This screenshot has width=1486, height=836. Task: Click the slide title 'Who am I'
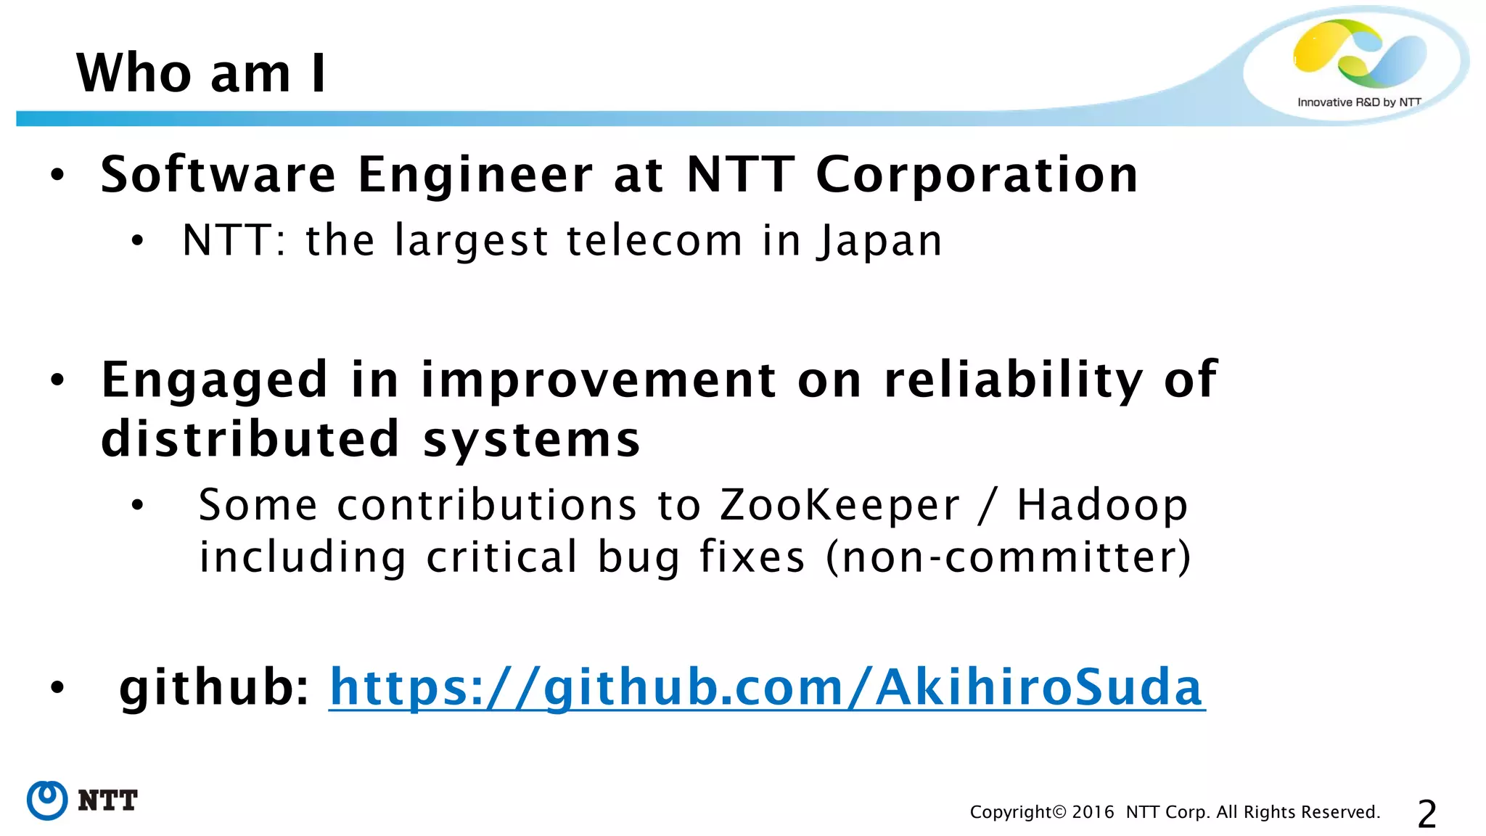pos(201,73)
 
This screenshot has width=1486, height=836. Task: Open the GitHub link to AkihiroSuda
pos(766,687)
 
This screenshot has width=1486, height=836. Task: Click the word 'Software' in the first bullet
pos(218,175)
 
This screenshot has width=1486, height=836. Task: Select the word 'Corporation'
pos(977,175)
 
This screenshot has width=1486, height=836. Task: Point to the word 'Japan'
pos(879,241)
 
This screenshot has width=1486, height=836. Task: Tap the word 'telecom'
pos(654,241)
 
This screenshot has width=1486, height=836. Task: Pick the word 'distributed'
pos(250,439)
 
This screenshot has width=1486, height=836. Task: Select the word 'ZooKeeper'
pos(840,505)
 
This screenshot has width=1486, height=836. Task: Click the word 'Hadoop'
pos(1102,505)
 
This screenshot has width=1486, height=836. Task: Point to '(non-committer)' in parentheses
pos(1009,557)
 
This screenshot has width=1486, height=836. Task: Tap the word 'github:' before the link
pos(215,687)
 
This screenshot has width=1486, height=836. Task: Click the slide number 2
pos(1427,814)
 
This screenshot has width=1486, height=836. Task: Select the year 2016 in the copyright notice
pos(1093,812)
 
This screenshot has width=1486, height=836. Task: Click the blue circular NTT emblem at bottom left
pos(47,800)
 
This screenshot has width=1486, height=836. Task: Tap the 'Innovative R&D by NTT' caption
pos(1358,102)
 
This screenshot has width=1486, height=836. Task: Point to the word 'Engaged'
pos(215,380)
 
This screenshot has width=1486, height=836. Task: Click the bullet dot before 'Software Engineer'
pos(57,175)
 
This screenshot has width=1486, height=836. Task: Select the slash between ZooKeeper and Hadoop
pos(987,505)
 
